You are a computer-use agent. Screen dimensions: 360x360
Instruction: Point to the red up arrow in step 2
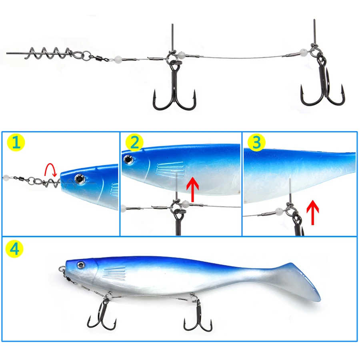(192, 190)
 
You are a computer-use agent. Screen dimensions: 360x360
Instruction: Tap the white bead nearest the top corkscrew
(119, 59)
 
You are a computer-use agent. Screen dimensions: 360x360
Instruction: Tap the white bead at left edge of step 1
(6, 176)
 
